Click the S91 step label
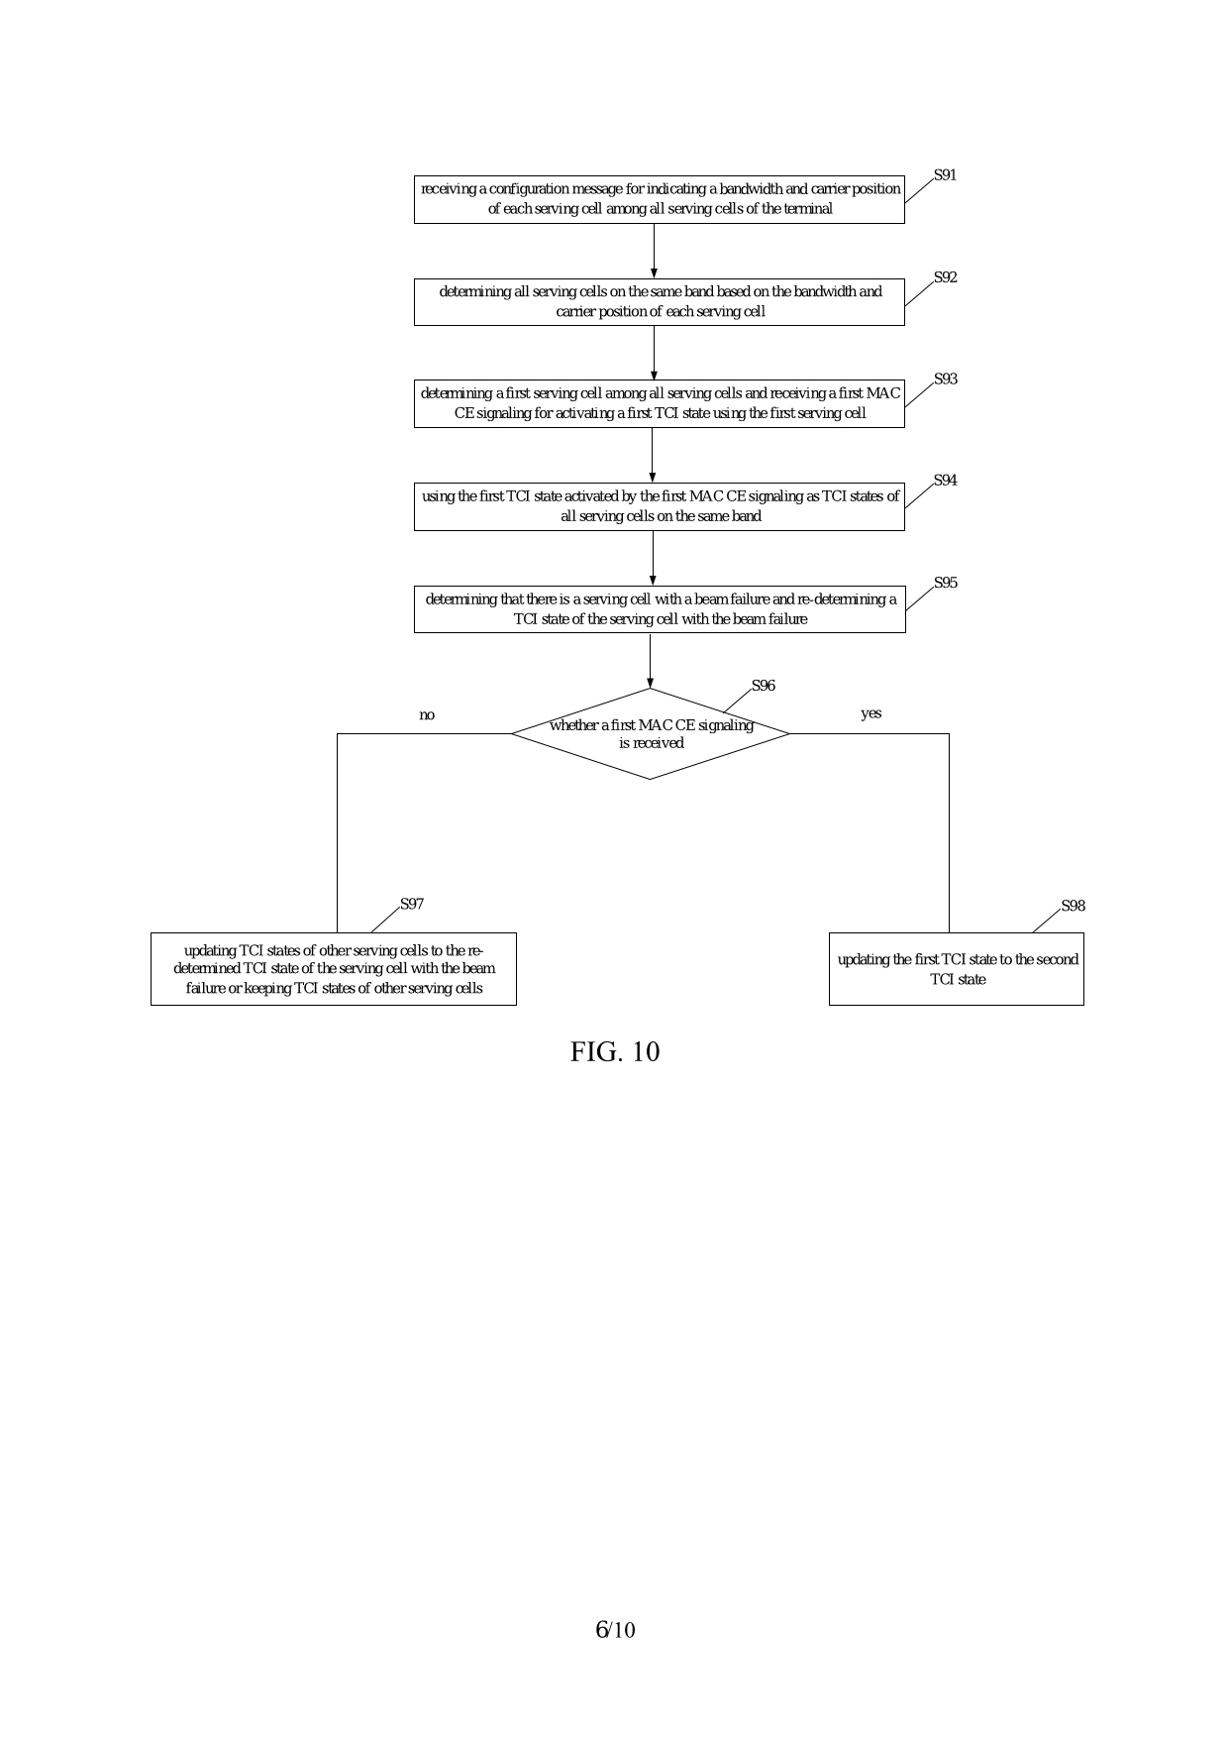coord(945,175)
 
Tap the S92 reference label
coord(945,277)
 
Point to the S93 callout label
coord(945,380)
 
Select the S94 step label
coord(945,481)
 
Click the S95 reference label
coord(945,584)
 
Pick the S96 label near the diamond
coord(763,686)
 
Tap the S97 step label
coord(412,904)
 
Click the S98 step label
coord(1073,906)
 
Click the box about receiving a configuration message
coord(660,199)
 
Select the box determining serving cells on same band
coord(660,302)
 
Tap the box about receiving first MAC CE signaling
coord(660,403)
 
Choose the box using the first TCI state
coord(660,506)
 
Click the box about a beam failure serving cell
coord(660,609)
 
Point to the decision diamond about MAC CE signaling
coord(651,734)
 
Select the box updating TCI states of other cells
coord(334,969)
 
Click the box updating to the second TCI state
coord(957,969)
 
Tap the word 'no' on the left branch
coord(427,715)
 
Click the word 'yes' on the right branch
coord(870,713)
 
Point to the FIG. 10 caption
coord(614,1052)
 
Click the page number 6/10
coord(614,1630)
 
